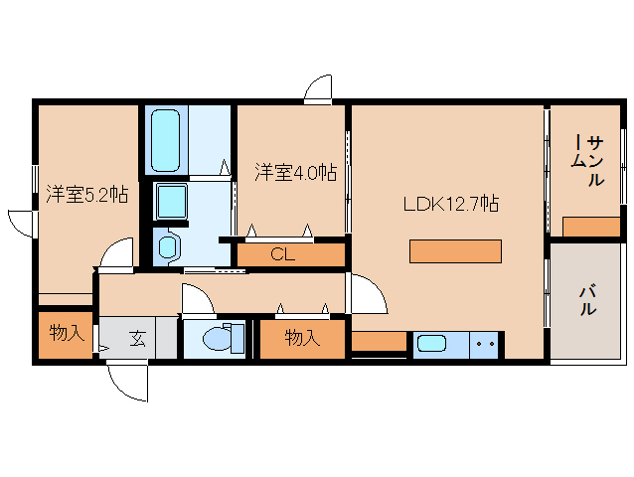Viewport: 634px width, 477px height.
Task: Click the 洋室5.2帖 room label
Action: pyautogui.click(x=85, y=195)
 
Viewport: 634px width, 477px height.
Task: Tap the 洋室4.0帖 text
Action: pyautogui.click(x=294, y=172)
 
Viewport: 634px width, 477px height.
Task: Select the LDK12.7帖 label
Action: pyautogui.click(x=449, y=205)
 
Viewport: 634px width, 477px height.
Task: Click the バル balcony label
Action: pyautogui.click(x=587, y=299)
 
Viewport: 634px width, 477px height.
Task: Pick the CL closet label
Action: pyautogui.click(x=283, y=254)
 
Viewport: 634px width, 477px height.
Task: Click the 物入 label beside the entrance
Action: pyautogui.click(x=67, y=333)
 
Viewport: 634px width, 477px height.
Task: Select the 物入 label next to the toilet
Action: pyautogui.click(x=302, y=338)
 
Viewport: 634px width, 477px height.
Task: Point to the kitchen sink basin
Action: pyautogui.click(x=432, y=344)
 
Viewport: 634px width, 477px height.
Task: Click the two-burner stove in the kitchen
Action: pyautogui.click(x=485, y=344)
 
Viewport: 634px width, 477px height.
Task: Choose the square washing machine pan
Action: pyautogui.click(x=174, y=203)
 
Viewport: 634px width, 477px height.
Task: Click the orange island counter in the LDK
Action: pyautogui.click(x=455, y=250)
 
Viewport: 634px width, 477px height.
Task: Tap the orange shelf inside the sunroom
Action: pyautogui.click(x=590, y=227)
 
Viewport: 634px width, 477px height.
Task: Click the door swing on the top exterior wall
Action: pyautogui.click(x=319, y=89)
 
